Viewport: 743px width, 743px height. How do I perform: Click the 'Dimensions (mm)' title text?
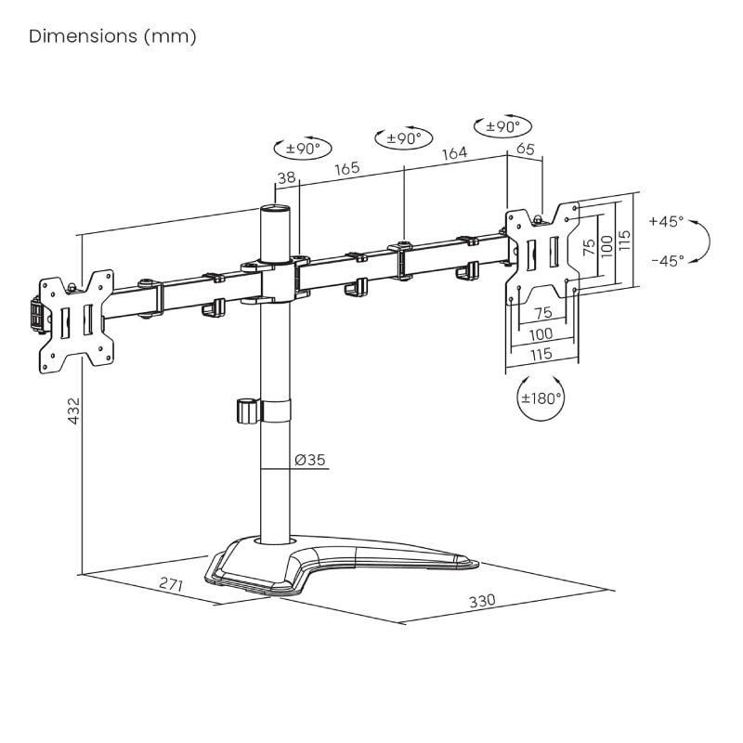pyautogui.click(x=112, y=37)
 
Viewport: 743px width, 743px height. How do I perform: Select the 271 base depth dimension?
pyautogui.click(x=169, y=586)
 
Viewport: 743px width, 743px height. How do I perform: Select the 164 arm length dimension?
pyautogui.click(x=453, y=154)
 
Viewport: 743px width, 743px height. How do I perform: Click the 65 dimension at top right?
pyautogui.click(x=524, y=147)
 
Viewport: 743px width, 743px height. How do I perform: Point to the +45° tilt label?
pyautogui.click(x=666, y=222)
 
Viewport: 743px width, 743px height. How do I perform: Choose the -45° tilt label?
pyautogui.click(x=666, y=261)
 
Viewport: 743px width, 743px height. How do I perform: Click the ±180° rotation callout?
pyautogui.click(x=541, y=398)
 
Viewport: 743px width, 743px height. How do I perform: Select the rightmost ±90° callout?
pyautogui.click(x=502, y=125)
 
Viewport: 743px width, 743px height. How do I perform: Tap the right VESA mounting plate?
pyautogui.click(x=542, y=253)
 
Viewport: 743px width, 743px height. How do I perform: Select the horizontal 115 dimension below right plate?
pyautogui.click(x=541, y=354)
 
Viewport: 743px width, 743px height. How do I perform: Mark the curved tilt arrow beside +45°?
pyautogui.click(x=703, y=241)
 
